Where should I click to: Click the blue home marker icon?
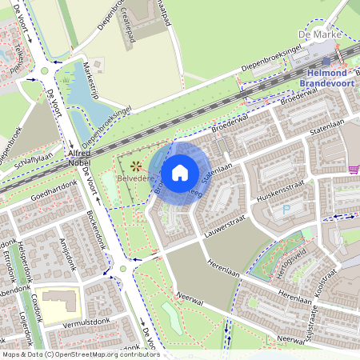point(180,172)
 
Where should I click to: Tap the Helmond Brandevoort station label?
point(322,77)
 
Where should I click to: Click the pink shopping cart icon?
point(353,169)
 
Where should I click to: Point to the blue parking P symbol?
point(286,210)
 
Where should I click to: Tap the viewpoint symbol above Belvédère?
point(135,166)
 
